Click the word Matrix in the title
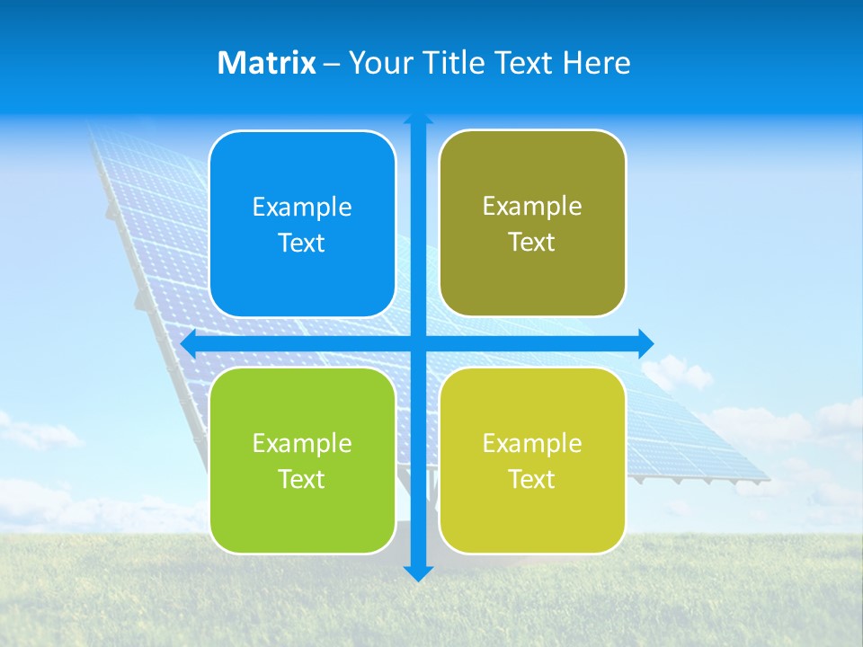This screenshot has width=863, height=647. click(266, 63)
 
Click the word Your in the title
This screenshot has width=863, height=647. click(378, 63)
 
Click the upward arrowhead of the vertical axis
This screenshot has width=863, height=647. click(418, 120)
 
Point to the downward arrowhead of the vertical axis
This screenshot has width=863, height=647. click(418, 573)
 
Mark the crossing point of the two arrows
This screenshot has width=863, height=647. click(418, 343)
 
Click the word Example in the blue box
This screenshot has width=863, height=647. click(302, 208)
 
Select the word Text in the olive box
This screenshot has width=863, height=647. click(531, 243)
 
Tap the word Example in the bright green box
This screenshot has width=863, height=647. click(302, 444)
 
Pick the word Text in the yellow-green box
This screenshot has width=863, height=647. click(531, 480)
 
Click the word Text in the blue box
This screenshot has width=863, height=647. click(301, 244)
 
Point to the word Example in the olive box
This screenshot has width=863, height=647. click(532, 207)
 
